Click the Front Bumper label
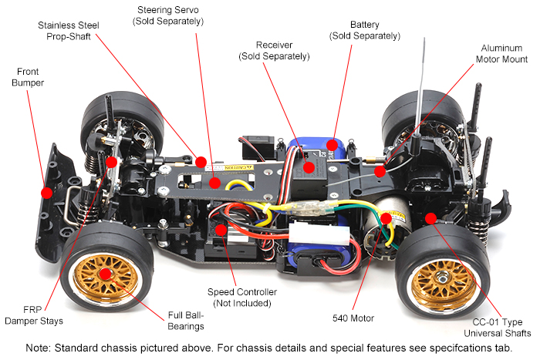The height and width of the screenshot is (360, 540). (x=27, y=77)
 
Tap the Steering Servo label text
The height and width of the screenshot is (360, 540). (x=170, y=15)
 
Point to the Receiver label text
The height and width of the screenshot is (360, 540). (x=274, y=51)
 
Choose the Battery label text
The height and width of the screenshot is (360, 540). (x=364, y=30)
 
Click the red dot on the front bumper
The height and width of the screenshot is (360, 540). (x=46, y=192)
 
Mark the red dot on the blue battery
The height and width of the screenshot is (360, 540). (x=331, y=143)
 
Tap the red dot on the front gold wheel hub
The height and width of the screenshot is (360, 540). (x=103, y=272)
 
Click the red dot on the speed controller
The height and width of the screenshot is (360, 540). (x=221, y=229)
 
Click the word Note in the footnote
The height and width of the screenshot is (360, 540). (x=39, y=348)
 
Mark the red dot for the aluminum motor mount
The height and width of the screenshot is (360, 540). (x=380, y=170)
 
